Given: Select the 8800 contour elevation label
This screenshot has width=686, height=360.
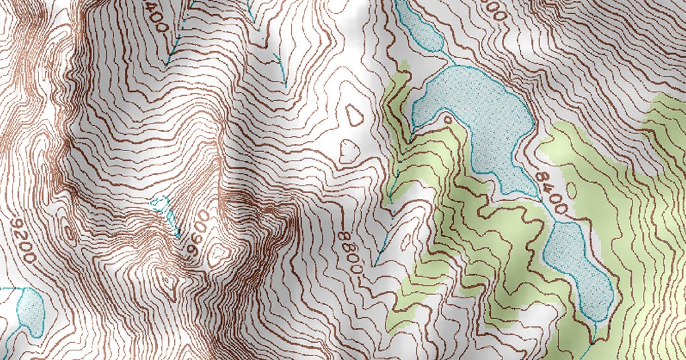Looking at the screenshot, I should point(350,252).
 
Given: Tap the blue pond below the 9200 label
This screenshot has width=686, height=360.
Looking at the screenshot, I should point(28,308).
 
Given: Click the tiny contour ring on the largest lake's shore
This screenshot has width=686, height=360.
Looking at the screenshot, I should point(449,120).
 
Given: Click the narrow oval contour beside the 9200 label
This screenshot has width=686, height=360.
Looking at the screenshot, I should point(67,232).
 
